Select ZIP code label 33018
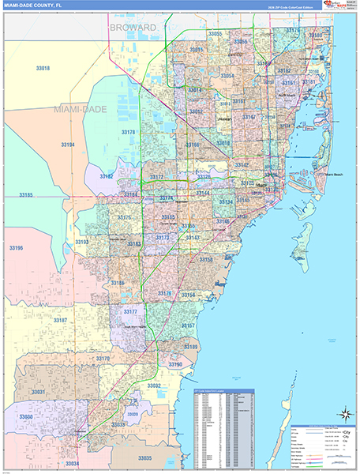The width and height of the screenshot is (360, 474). point(43,69)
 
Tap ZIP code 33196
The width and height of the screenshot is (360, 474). point(15,248)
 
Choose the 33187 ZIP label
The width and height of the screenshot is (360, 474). point(60,320)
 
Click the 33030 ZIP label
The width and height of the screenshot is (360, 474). point(26,416)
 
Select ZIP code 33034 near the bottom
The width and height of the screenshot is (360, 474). point(73,463)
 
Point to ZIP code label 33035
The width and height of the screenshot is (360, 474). point(145,457)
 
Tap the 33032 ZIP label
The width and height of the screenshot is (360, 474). point(155,386)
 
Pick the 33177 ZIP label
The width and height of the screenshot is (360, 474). point(130,313)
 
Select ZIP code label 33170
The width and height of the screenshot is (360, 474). point(103,359)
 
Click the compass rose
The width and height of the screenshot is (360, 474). point(346,413)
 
